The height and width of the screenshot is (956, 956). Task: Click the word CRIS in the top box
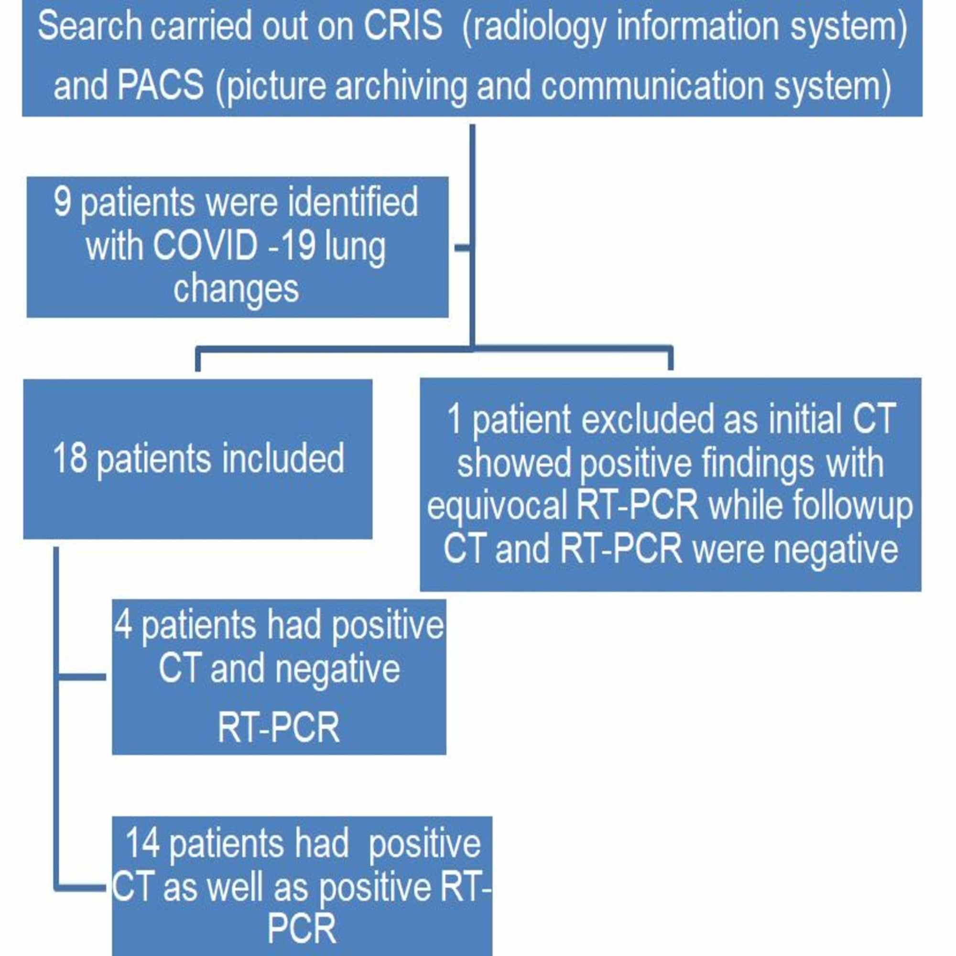coord(403,26)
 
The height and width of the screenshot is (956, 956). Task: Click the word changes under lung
coord(236,289)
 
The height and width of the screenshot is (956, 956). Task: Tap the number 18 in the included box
coord(70,459)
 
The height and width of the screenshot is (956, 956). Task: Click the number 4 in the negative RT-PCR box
coord(123,625)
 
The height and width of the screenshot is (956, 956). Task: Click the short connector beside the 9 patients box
coord(462,248)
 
